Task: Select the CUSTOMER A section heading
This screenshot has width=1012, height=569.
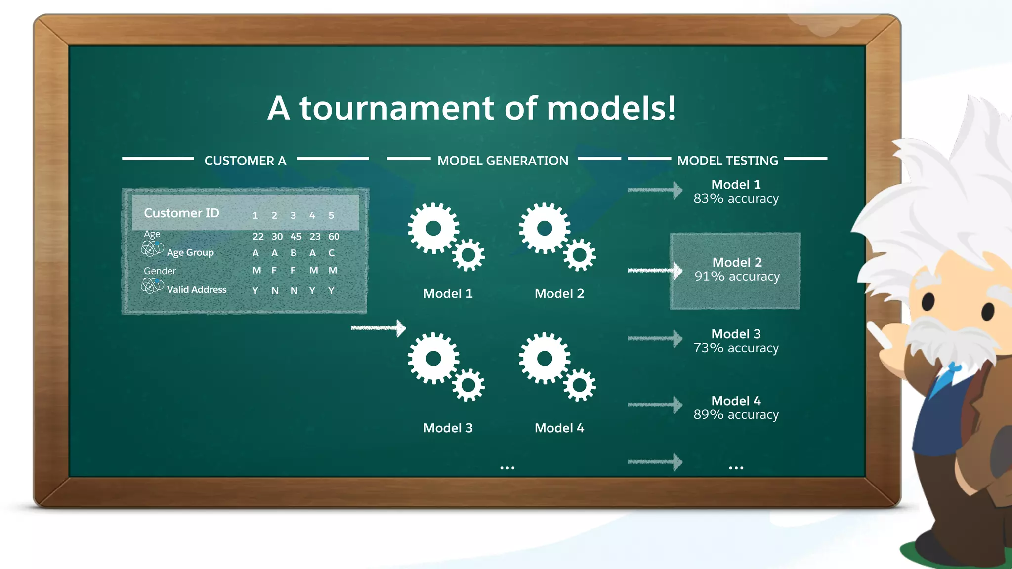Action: (245, 161)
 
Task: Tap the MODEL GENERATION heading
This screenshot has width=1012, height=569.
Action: (503, 161)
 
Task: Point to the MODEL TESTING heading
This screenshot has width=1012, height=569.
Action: (727, 161)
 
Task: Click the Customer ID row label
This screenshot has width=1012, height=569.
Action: (181, 213)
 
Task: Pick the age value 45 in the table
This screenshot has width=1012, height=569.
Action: (295, 237)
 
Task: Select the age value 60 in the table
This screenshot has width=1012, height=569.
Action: (334, 237)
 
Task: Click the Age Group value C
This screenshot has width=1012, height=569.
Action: (332, 253)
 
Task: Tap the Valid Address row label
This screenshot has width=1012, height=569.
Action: (196, 290)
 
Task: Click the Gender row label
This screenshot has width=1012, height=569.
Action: (160, 271)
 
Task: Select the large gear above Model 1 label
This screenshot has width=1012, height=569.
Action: (433, 228)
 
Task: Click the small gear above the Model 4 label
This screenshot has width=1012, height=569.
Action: (579, 385)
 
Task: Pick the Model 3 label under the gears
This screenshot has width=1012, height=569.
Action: (448, 428)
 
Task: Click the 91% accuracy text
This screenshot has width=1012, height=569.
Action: (737, 277)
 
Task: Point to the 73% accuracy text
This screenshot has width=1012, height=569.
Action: (736, 348)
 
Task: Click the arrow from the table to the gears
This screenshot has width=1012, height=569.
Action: (378, 328)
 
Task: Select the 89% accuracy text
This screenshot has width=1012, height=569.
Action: (736, 415)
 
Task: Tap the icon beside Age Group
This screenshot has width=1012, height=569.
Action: (152, 248)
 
